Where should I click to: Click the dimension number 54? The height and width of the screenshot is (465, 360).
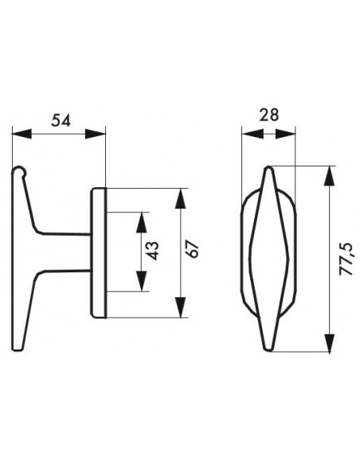tap(61, 121)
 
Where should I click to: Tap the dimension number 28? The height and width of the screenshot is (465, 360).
tap(269, 115)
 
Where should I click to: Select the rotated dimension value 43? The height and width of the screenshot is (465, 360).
tap(153, 251)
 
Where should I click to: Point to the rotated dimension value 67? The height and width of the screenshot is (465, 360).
tap(193, 249)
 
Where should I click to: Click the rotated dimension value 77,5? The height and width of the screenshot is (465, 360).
tap(346, 260)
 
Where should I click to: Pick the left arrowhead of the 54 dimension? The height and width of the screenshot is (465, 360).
tap(22, 134)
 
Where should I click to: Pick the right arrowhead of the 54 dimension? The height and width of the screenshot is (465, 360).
tap(96, 134)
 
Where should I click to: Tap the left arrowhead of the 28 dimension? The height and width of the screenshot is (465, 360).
tap(252, 134)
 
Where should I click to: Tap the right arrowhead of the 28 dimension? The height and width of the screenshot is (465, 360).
tap(286, 134)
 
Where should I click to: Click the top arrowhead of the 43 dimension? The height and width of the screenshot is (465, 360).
tap(142, 222)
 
